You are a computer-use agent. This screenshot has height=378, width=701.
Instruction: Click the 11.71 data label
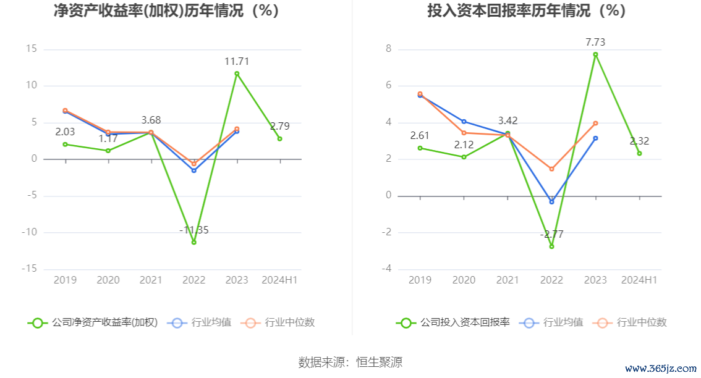(237, 62)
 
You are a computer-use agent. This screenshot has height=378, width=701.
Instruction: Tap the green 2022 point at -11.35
(193, 242)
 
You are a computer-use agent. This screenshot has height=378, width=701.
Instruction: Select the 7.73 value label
(595, 43)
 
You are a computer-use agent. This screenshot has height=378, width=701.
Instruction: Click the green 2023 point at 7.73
(595, 54)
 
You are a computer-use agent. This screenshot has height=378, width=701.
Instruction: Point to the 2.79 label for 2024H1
(279, 127)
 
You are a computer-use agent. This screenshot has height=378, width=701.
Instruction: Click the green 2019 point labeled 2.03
(65, 145)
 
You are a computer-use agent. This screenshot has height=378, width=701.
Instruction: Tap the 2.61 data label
(420, 136)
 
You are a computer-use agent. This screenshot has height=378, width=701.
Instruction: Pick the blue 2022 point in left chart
(193, 170)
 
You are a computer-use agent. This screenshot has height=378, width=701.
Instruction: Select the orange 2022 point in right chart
(551, 169)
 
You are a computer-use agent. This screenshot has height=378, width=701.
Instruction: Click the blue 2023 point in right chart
(595, 138)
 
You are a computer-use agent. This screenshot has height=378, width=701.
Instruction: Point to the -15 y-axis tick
(30, 269)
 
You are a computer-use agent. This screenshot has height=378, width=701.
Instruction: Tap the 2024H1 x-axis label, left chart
(279, 280)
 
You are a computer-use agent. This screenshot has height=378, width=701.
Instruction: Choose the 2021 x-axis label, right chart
(508, 280)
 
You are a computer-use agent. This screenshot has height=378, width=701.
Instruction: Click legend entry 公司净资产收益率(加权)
(93, 322)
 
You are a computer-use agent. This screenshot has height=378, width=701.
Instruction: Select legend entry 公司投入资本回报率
(453, 322)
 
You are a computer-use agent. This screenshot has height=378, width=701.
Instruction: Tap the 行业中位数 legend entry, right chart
(630, 322)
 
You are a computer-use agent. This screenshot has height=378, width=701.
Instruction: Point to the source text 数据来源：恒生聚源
(350, 362)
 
